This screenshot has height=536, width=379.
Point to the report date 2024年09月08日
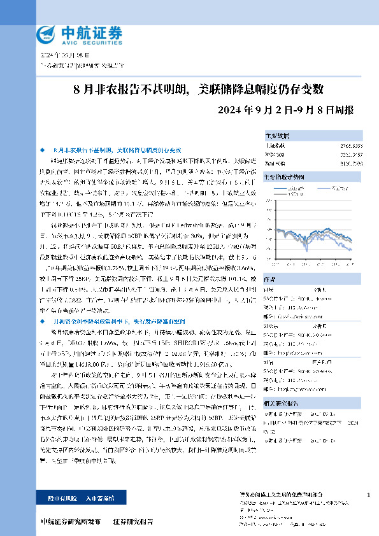[x=62, y=56]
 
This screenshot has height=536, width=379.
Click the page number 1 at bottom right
[x=369, y=495]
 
